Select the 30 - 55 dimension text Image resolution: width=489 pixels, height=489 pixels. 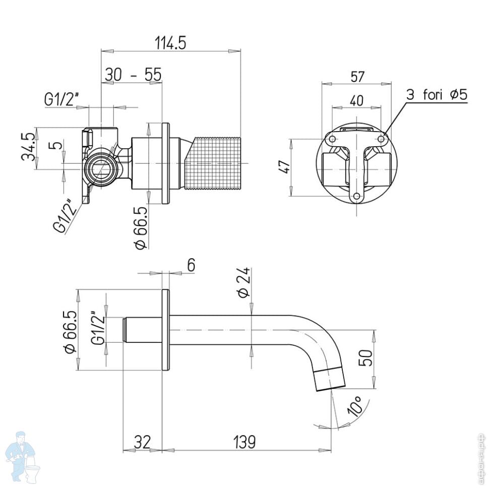[133, 75]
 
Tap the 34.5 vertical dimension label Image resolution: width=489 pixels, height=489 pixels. [28, 147]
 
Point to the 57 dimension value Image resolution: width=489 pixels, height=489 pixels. [357, 77]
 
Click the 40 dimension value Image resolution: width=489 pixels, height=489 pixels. [356, 100]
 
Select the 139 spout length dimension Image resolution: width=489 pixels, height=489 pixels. [244, 442]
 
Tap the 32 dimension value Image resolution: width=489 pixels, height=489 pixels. [142, 442]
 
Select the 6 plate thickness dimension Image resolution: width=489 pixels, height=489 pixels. [191, 265]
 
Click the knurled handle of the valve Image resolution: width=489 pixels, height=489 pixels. [214, 162]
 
